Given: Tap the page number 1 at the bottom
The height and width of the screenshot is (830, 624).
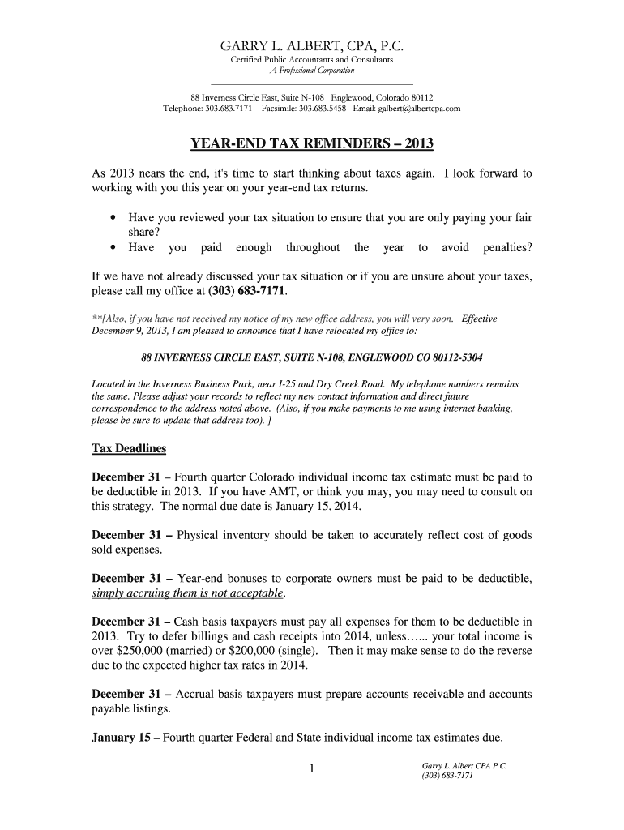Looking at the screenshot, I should click(311, 769).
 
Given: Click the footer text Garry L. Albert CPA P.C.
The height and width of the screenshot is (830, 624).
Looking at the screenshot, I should click(464, 765).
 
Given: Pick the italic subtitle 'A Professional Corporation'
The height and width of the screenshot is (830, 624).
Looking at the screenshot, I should click(311, 71).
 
